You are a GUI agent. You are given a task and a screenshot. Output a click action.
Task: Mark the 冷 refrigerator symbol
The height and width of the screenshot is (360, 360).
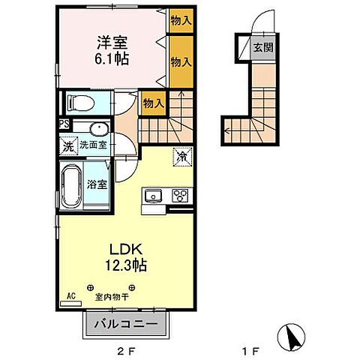(181, 157)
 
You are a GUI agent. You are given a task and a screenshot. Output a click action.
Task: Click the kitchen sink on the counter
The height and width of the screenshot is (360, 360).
(154, 196)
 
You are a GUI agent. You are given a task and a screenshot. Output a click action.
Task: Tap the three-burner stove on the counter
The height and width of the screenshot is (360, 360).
(180, 196)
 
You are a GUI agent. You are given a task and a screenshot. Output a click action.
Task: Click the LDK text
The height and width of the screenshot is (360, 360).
(125, 248)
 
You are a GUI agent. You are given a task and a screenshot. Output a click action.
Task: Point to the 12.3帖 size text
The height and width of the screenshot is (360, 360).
(125, 265)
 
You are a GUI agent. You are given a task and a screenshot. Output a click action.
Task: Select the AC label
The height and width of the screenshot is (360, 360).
(71, 295)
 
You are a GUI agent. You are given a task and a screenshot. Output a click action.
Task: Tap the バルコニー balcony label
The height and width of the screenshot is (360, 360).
(126, 324)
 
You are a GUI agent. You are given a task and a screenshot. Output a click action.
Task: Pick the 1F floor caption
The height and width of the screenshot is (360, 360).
(253, 349)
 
